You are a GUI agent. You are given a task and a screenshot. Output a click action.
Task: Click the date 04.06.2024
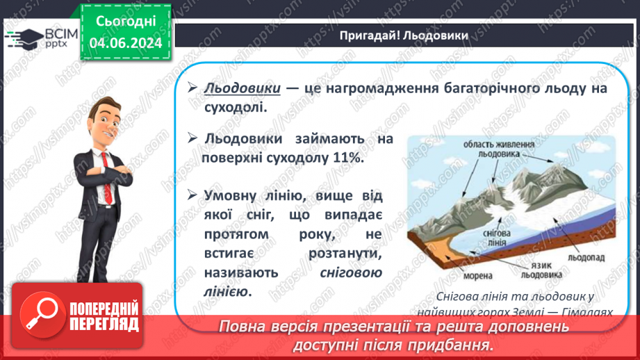[x=126, y=43]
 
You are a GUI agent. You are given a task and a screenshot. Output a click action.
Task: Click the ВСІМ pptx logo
[x=35, y=36]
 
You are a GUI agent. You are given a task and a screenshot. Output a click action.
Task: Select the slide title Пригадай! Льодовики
[x=403, y=35]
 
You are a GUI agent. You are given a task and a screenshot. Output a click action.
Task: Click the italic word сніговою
[x=351, y=273]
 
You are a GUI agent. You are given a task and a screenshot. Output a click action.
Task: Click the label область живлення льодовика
[x=500, y=149]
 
